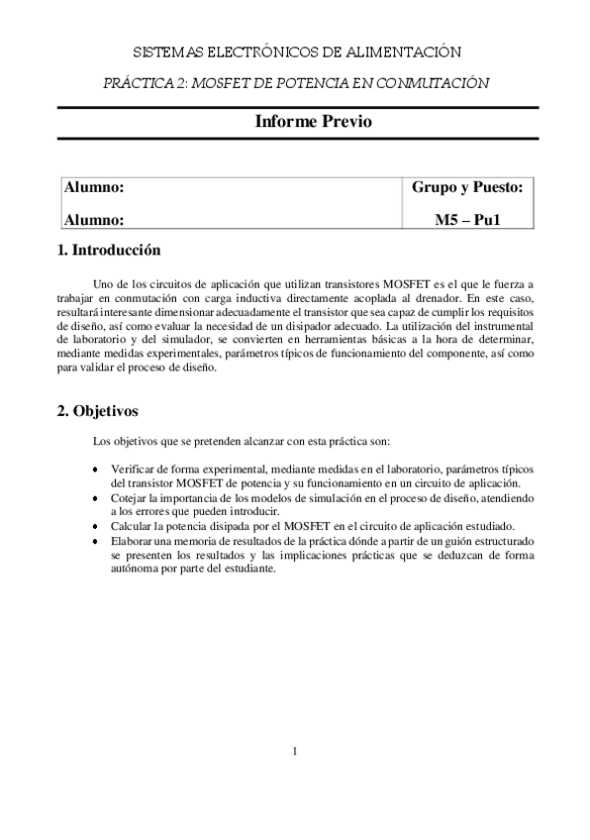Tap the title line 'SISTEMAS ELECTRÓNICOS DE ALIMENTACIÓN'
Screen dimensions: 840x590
click(296, 52)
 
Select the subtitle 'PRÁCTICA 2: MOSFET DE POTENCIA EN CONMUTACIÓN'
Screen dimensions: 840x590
click(296, 83)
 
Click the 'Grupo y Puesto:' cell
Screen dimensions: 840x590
click(466, 187)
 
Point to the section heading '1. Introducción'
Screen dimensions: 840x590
click(109, 251)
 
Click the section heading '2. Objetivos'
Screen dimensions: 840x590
click(98, 409)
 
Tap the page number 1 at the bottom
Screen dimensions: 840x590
click(295, 750)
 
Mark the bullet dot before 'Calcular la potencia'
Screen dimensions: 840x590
click(95, 527)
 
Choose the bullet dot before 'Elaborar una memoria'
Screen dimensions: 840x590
click(95, 543)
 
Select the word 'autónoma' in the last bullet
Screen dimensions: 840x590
click(134, 571)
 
